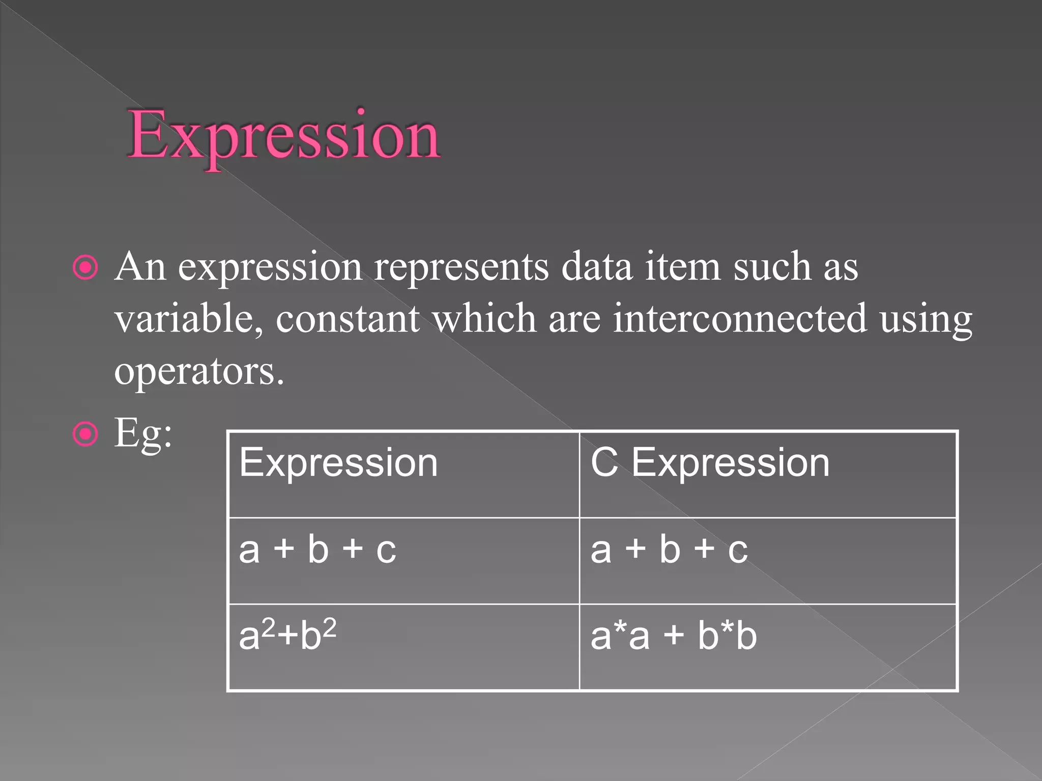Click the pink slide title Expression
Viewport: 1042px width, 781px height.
click(x=284, y=136)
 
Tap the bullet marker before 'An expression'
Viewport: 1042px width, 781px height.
click(x=85, y=267)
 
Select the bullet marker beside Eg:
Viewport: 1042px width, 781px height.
click(x=85, y=434)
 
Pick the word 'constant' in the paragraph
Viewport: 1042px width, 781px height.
click(x=348, y=318)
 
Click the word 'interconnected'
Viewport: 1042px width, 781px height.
click(x=740, y=318)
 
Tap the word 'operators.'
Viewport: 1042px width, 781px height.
click(x=199, y=372)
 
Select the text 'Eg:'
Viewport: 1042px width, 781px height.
click(x=143, y=434)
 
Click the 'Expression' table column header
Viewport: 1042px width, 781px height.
click(x=338, y=463)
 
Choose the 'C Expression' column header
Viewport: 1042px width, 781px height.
click(x=710, y=463)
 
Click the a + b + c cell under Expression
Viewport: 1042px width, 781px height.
click(x=317, y=550)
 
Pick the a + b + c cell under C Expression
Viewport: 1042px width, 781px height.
click(x=669, y=550)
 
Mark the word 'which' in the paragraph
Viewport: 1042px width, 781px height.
click(x=484, y=318)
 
